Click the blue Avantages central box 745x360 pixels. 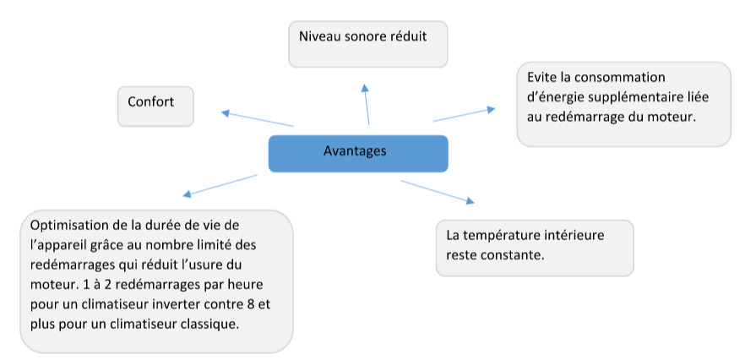coord(358,153)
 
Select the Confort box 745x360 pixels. coord(155,106)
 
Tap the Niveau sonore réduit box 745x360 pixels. coord(368,44)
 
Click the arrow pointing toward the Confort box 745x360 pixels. coord(258,119)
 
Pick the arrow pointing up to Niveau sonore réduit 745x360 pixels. coord(367,104)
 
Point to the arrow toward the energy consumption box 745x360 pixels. coord(465,115)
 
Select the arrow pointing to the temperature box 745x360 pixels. coord(438,192)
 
